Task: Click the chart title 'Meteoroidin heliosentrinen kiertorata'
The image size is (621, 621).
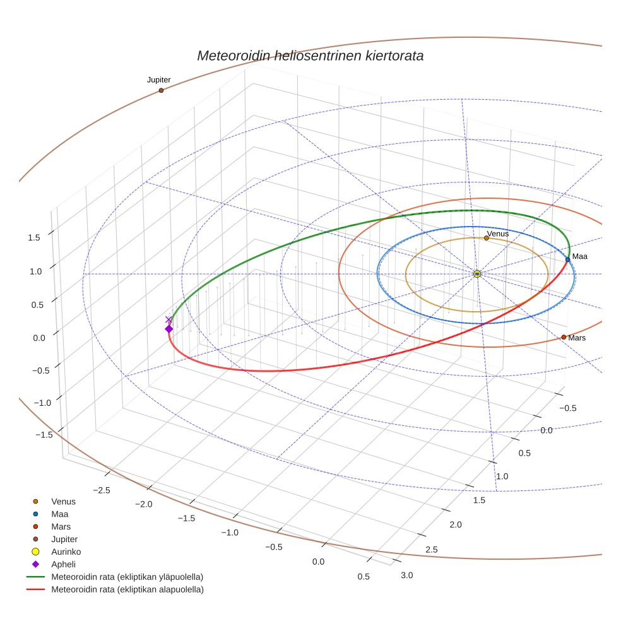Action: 310,56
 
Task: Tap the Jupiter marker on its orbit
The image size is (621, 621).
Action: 161,90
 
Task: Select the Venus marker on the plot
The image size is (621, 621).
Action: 486,238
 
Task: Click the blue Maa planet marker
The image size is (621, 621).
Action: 568,259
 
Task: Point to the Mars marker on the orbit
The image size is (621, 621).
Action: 564,337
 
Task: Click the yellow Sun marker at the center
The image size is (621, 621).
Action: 477,273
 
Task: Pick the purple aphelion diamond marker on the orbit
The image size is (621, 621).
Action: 169,329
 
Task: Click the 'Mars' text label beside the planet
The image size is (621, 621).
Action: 577,338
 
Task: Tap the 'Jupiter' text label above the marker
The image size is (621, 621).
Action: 159,80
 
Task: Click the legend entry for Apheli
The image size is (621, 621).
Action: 63,564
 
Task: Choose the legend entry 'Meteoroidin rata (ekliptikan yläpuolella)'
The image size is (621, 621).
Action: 127,577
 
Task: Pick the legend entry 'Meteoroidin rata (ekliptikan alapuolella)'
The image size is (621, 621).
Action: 127,589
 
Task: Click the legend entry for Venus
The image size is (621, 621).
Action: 63,501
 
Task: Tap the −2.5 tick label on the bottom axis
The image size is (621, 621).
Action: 102,490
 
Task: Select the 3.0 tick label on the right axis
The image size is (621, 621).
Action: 407,574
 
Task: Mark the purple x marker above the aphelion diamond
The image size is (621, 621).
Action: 168,319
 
